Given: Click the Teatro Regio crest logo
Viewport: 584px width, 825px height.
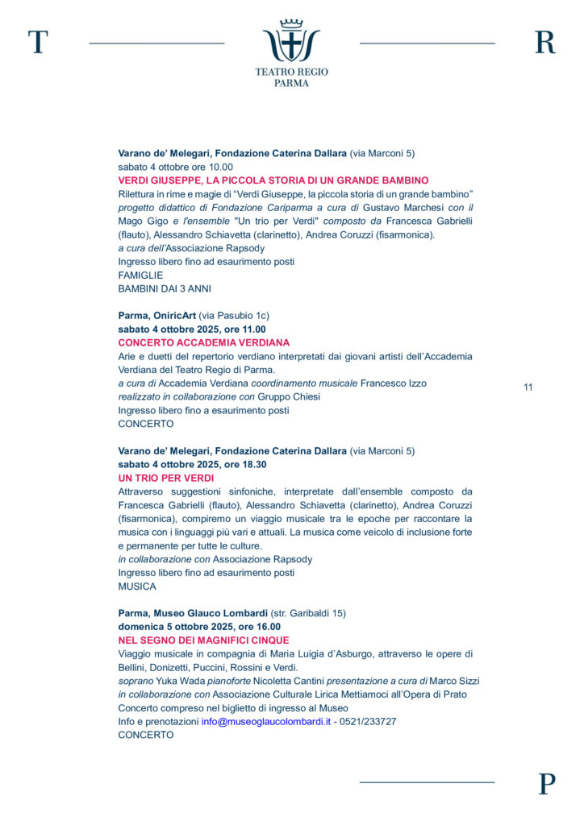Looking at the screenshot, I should click(291, 42).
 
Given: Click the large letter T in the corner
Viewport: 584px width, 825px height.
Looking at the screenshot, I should click(37, 42).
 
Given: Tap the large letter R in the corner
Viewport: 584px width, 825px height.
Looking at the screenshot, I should click(545, 42).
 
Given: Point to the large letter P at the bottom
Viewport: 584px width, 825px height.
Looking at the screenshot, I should click(547, 783).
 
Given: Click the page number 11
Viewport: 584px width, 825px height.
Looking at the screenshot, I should click(528, 388).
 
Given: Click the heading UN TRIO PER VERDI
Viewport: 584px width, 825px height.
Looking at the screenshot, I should click(161, 478).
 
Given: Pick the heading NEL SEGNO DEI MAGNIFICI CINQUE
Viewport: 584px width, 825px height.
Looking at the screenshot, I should click(203, 641).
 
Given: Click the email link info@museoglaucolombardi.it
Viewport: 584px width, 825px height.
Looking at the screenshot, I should click(266, 722).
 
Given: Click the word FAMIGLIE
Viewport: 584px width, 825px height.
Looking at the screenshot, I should click(140, 275).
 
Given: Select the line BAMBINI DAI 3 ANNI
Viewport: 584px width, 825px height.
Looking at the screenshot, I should click(165, 288).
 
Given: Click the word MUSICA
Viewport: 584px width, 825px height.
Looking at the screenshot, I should click(137, 587).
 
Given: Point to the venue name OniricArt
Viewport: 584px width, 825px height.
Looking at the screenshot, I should click(173, 315).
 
